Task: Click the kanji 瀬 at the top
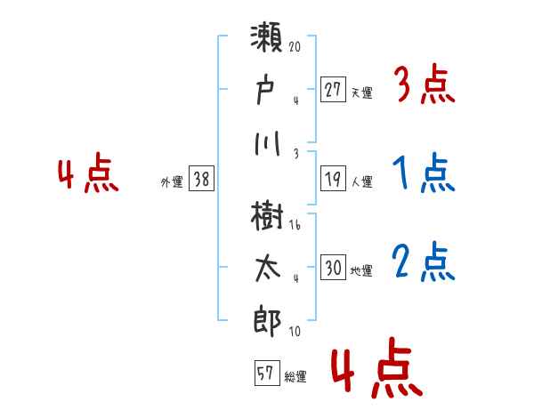click(x=268, y=43)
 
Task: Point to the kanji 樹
click(x=268, y=216)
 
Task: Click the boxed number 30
click(x=334, y=268)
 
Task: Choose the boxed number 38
click(x=202, y=179)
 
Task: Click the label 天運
click(x=361, y=92)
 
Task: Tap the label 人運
click(x=361, y=181)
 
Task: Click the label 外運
click(x=172, y=182)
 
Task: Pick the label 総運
click(x=295, y=377)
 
